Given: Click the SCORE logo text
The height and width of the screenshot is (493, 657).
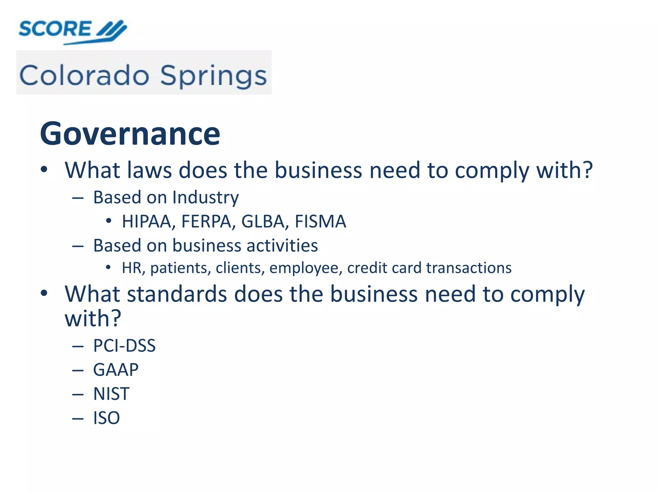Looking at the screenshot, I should click(x=55, y=29).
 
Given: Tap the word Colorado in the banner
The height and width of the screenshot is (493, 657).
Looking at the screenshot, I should click(x=84, y=76).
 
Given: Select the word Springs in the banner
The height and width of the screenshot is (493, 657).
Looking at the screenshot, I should click(x=213, y=76).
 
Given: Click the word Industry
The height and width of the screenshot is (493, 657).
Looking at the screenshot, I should click(x=206, y=197).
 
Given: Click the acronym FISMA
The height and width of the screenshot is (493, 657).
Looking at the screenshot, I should click(x=320, y=221).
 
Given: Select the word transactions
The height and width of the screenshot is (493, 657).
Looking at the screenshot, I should click(x=469, y=268).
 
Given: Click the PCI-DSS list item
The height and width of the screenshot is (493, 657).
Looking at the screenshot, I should click(x=124, y=346).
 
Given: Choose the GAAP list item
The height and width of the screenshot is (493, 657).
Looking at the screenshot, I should click(x=116, y=370).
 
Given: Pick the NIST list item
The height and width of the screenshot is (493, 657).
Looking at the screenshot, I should click(x=111, y=394).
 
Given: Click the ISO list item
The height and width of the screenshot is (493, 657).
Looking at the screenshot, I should click(x=107, y=418).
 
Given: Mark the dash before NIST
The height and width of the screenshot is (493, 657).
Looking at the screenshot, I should click(x=78, y=394).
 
